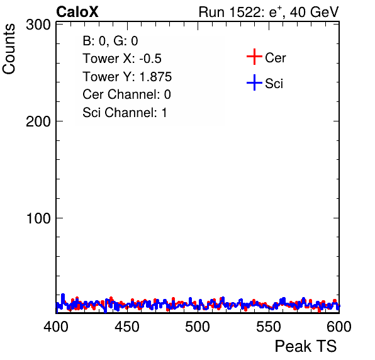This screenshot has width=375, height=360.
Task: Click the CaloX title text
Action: [77, 12]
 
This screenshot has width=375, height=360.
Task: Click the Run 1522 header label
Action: [232, 12]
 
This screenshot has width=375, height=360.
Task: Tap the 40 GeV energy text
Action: [314, 12]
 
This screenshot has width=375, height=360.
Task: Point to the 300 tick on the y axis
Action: [38, 25]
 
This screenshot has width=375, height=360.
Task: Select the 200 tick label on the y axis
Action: [38, 121]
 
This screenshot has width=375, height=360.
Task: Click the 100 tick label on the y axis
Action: [38, 218]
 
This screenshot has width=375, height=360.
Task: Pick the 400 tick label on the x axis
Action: [56, 327]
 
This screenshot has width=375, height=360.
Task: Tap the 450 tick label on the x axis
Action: [126, 327]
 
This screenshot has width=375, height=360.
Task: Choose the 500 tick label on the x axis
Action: [198, 327]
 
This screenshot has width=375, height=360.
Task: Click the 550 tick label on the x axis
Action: [268, 327]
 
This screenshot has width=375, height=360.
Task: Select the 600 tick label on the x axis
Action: [339, 327]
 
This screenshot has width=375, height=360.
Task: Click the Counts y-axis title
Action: [9, 49]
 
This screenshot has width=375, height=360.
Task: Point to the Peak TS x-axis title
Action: [306, 346]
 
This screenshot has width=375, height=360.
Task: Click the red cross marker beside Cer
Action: [254, 57]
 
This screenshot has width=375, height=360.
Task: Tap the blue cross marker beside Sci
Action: [254, 83]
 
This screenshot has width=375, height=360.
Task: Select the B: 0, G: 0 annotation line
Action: [110, 41]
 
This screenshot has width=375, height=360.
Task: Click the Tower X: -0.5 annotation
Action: [122, 59]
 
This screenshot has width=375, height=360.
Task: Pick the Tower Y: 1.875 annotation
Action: [127, 77]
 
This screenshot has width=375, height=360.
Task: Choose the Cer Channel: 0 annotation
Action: [126, 94]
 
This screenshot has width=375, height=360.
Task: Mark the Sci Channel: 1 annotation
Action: [125, 113]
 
